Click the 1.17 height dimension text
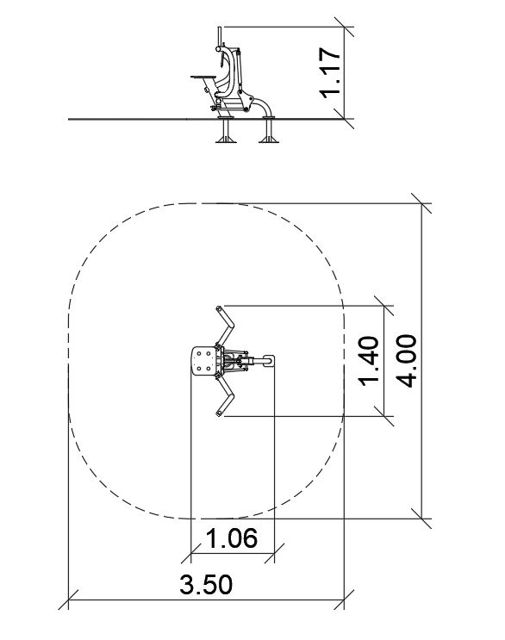click(329, 73)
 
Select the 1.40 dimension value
click(368, 361)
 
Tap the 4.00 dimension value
click(407, 361)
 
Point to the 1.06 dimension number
click(232, 538)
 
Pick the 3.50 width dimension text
click(206, 584)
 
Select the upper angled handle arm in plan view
click(225, 326)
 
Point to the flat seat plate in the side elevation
click(203, 77)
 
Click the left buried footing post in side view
click(226, 130)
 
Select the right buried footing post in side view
click(269, 130)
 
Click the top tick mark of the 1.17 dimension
click(344, 28)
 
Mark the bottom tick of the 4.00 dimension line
click(421, 519)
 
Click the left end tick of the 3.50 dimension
click(68, 600)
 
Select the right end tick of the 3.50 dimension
click(344, 600)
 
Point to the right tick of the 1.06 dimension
click(274, 554)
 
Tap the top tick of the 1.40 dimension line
click(383, 305)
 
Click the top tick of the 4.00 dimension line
click(421, 203)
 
